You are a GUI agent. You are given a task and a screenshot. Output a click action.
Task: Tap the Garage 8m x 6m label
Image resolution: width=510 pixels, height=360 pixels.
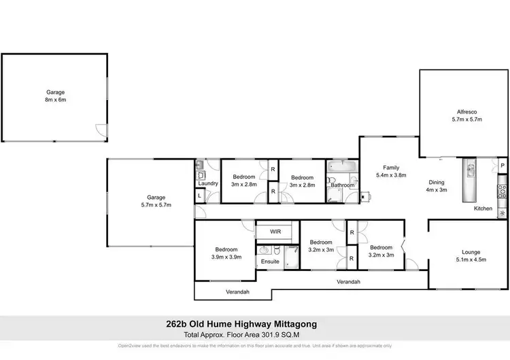click(x=55, y=95)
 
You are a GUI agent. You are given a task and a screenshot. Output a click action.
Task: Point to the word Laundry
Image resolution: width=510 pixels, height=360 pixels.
click(x=207, y=183)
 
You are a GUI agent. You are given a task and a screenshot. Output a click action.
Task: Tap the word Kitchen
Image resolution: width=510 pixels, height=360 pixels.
click(x=483, y=209)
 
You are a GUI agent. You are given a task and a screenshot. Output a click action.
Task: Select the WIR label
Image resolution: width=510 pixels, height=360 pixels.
click(x=275, y=232)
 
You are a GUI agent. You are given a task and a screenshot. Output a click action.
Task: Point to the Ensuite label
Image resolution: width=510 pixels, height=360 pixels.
click(x=269, y=262)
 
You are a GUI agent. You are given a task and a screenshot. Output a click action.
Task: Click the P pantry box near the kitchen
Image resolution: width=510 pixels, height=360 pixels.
click(x=502, y=165)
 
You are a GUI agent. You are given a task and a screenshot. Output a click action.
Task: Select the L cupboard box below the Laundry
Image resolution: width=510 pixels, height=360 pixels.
click(x=199, y=196)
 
